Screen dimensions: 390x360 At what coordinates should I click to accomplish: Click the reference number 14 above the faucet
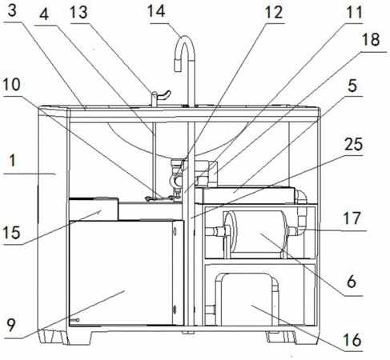coord(156,11)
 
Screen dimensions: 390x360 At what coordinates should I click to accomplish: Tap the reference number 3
coord(12,10)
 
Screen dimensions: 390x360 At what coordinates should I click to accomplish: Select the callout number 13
coord(78,12)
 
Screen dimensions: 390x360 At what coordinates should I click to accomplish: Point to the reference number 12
coord(274,12)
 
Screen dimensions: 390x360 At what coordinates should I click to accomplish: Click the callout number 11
coord(354,12)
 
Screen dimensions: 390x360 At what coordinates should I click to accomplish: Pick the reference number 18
coord(371,40)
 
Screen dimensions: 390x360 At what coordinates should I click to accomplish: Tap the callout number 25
coord(354,145)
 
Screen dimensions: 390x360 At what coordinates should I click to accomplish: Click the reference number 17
coord(353,218)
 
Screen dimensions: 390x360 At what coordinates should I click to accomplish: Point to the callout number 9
coord(10,325)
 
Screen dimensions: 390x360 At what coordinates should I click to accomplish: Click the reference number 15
coord(12,233)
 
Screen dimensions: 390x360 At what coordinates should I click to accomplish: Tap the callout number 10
coord(12,85)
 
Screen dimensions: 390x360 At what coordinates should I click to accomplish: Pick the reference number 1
coord(12,162)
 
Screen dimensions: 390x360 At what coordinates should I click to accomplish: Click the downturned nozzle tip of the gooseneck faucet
coord(178,66)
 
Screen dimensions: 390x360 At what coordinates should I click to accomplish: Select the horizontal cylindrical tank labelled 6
coord(255,235)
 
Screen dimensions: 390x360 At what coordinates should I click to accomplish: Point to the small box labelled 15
coord(94,209)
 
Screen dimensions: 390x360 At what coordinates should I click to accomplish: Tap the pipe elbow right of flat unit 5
coord(301,198)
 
